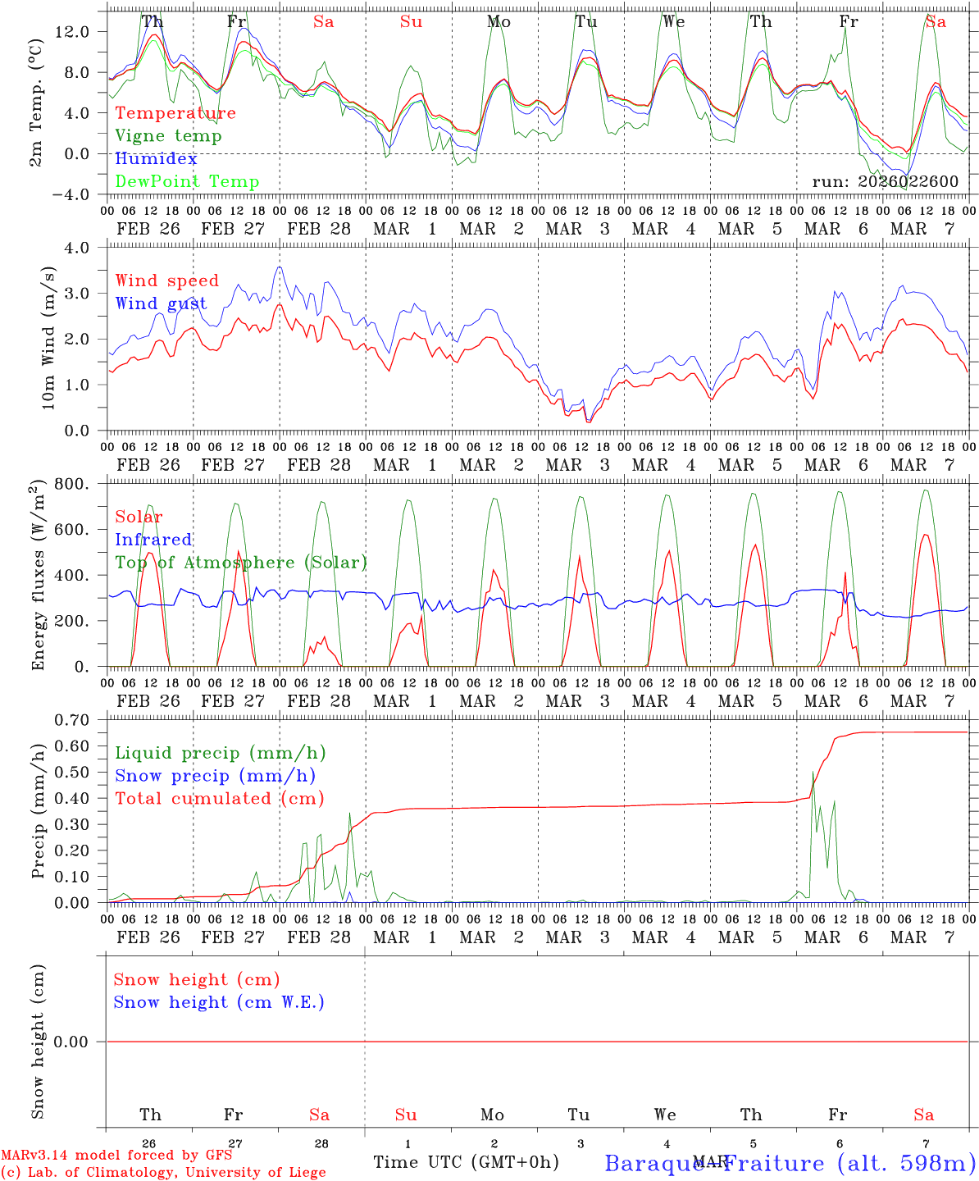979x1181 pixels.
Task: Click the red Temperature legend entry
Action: click(175, 113)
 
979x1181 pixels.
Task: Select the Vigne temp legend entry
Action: click(168, 136)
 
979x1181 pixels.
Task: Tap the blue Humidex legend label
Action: click(157, 159)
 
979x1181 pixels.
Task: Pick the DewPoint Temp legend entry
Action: click(187, 182)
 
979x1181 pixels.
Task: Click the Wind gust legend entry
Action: click(161, 303)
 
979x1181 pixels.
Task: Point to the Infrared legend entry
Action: click(153, 540)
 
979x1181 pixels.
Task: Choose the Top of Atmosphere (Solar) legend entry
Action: click(241, 563)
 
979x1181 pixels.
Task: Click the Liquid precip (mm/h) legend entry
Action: click(221, 753)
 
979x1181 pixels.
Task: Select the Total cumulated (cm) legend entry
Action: click(220, 799)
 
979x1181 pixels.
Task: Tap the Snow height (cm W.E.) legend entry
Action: click(219, 1002)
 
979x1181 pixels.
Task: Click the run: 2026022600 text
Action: click(885, 182)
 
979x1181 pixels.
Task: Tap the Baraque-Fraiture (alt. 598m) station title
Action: click(790, 1163)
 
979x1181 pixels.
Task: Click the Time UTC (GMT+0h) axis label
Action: click(466, 1162)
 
